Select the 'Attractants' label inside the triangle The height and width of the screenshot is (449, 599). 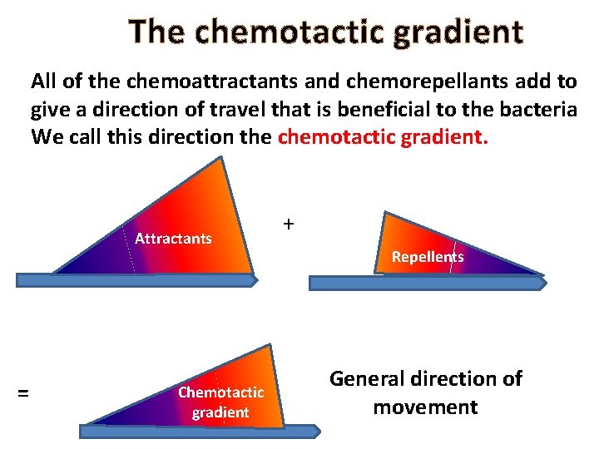click(x=173, y=239)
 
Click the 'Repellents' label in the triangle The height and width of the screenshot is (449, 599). click(x=428, y=257)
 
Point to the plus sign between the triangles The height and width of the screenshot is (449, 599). click(x=288, y=224)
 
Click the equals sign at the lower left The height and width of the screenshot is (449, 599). click(x=23, y=392)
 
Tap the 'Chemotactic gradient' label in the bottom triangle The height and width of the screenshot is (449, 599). click(x=220, y=402)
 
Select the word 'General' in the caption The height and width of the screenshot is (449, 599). click(x=370, y=378)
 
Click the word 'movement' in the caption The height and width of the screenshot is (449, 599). click(x=425, y=407)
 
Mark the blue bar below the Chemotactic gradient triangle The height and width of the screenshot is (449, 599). click(x=200, y=431)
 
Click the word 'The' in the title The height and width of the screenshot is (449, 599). click(x=155, y=32)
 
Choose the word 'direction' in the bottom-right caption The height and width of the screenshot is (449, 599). click(x=454, y=378)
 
